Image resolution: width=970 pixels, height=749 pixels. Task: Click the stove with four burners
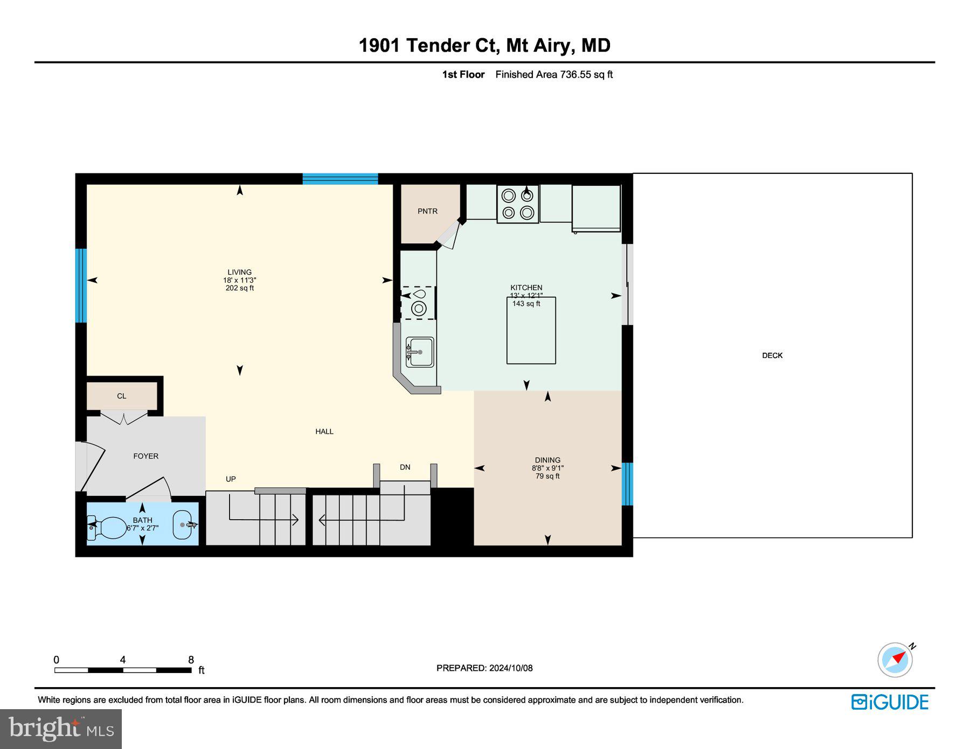pos(517,204)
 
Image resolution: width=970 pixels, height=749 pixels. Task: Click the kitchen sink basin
pos(420,352)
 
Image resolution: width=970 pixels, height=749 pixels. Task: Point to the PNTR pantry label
pos(427,211)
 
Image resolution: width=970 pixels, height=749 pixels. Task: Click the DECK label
pos(772,355)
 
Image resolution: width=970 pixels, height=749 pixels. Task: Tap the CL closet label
pos(122,396)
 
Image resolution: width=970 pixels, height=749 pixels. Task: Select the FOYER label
pos(145,456)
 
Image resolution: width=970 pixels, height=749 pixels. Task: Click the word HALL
pos(324,431)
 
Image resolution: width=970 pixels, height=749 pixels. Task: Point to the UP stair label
pos(231,479)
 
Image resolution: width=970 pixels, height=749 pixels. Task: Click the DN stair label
pos(405,467)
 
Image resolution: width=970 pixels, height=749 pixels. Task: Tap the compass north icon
pos(896,659)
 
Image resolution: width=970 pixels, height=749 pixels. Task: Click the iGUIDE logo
pos(889,702)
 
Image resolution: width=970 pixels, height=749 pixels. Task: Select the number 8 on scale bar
pos(191,660)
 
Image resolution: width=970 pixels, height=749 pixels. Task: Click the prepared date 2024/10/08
pos(510,668)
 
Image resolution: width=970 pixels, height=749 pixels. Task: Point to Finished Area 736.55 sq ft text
pos(553,75)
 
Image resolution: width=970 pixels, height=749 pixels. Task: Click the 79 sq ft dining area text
pos(548,476)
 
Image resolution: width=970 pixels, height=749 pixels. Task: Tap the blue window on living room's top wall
pos(340,179)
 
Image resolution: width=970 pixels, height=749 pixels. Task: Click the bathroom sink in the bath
pos(182,524)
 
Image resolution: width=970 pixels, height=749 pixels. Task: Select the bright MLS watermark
pos(61,729)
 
